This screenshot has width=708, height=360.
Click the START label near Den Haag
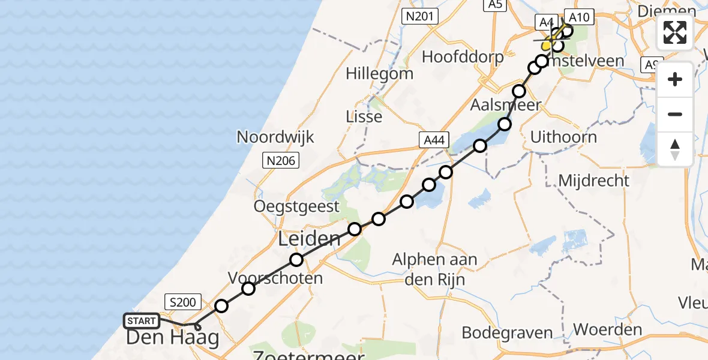(142, 321)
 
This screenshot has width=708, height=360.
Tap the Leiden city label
(310, 239)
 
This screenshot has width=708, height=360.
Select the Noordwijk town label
(275, 137)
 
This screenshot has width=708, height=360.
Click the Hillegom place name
(380, 74)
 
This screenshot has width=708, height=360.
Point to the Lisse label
(364, 116)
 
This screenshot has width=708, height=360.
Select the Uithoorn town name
(563, 137)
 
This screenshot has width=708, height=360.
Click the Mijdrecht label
(593, 180)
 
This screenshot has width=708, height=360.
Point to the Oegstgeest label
(296, 207)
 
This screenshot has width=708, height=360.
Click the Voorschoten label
(275, 278)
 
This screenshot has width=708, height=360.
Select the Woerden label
(608, 329)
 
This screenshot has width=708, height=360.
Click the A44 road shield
(433, 140)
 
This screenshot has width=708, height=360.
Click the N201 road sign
(421, 17)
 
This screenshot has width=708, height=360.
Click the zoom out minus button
(675, 114)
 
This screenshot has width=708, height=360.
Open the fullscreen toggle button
(675, 32)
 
